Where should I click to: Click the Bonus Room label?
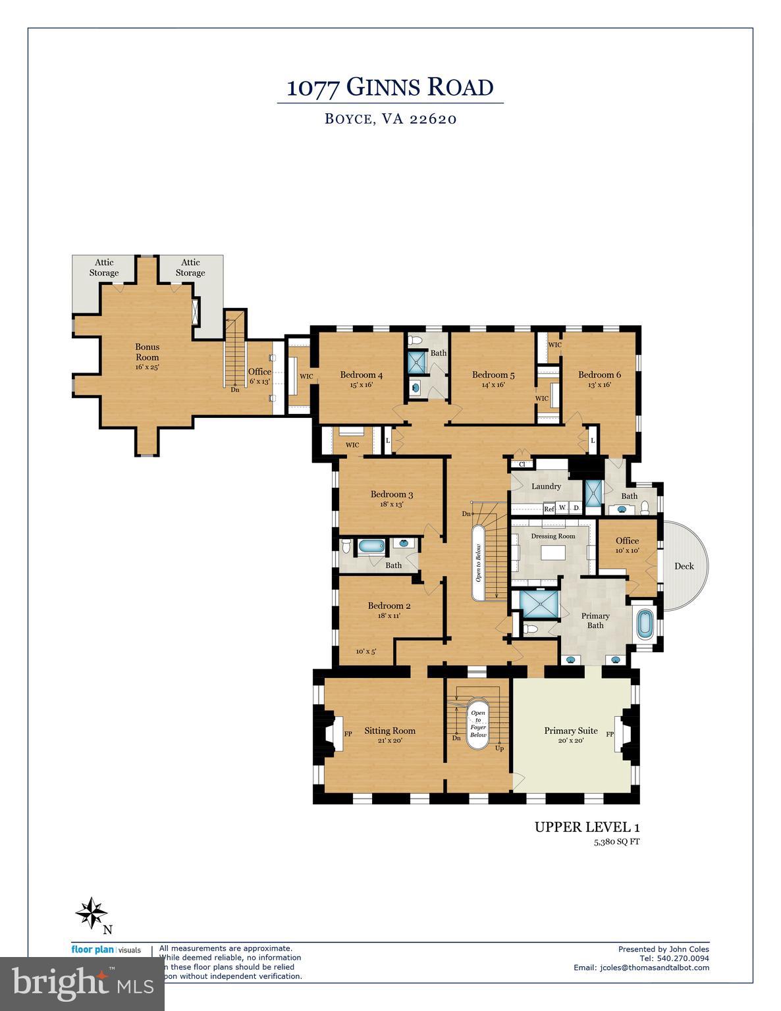[147, 351]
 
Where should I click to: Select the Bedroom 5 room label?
[493, 375]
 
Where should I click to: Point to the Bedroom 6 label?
[599, 375]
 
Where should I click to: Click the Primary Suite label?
[570, 731]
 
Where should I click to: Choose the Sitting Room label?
[389, 731]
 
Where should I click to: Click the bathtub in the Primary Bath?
[645, 624]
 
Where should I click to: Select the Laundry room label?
[546, 486]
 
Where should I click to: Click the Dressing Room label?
[552, 536]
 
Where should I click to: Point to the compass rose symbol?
[91, 913]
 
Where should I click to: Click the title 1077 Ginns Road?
[390, 88]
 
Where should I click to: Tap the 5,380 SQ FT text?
[616, 842]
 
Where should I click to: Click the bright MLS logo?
[82, 983]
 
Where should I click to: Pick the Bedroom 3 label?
[391, 495]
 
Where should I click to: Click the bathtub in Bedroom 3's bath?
[371, 546]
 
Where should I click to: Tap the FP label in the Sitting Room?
[348, 733]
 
